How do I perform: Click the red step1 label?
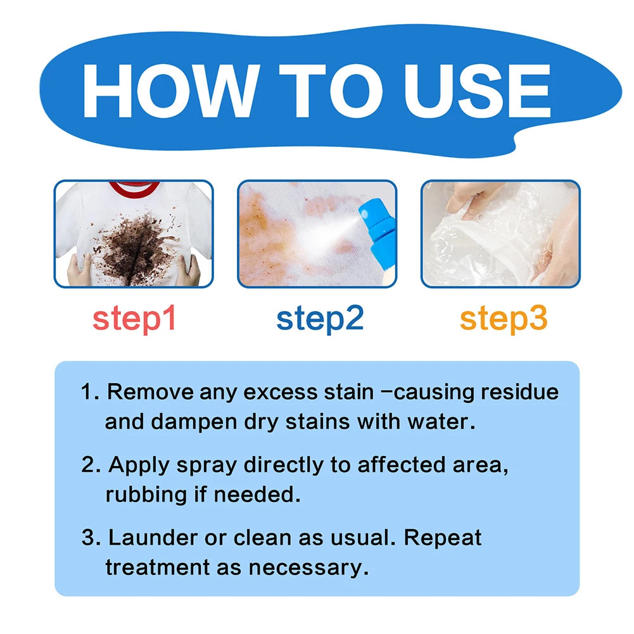coord(134,319)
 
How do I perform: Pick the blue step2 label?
coord(320,319)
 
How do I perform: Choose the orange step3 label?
coord(504,319)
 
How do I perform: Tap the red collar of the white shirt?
coord(134,188)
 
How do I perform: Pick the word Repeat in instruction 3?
coord(443,538)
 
